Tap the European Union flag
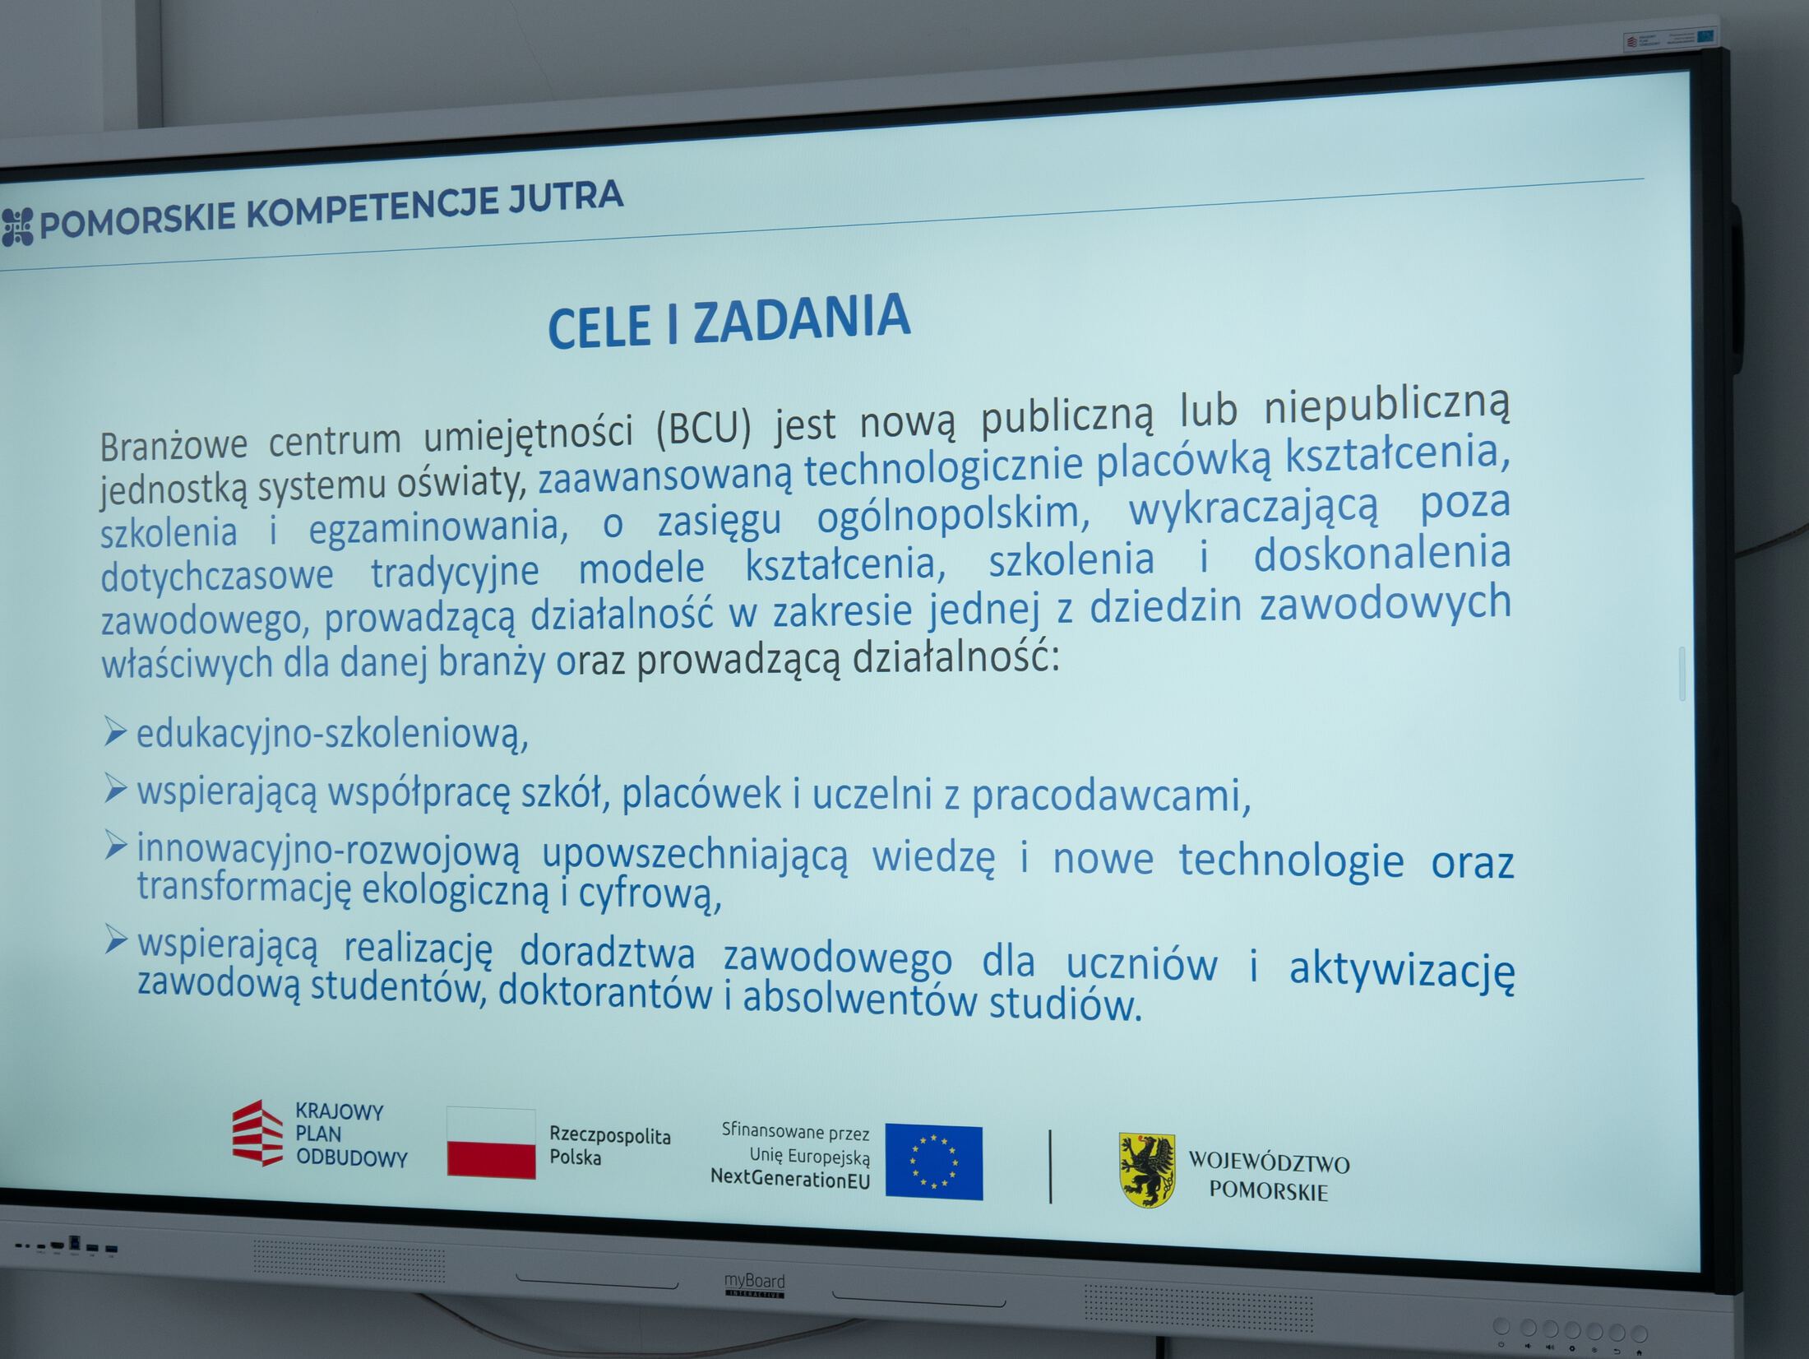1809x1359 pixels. click(933, 1162)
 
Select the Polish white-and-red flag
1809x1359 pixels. click(491, 1142)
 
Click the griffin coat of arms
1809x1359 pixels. click(1147, 1170)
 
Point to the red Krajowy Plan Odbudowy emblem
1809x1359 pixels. click(258, 1133)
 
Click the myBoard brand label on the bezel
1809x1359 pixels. click(754, 1285)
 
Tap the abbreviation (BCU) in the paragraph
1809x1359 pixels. click(705, 429)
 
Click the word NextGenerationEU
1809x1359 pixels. click(790, 1178)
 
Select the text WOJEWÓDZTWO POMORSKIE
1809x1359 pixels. click(1269, 1177)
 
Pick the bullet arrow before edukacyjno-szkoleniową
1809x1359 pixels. click(115, 731)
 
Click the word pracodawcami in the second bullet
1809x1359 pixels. click(1111, 795)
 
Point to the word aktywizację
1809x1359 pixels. click(1401, 970)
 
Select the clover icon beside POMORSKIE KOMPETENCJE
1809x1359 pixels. click(17, 226)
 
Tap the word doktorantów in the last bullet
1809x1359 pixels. click(605, 992)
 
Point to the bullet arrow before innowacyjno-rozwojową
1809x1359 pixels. click(115, 845)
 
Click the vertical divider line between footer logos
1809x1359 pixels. click(1050, 1167)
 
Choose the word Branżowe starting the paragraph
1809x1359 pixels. click(173, 444)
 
